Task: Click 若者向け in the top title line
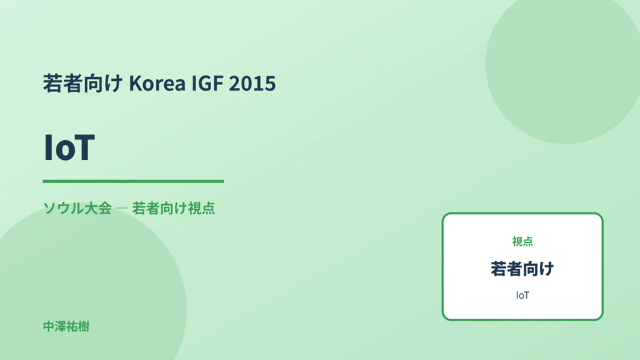coord(83,83)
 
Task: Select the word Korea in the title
coord(157,83)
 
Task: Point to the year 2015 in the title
coord(252,83)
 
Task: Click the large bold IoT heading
coord(69,148)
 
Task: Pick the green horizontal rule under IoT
coord(133,181)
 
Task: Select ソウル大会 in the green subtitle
coord(77,208)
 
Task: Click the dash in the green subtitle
coord(122,208)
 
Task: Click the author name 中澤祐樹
coord(66,327)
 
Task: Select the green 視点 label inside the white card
coord(522,242)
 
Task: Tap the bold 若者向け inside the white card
coord(522,269)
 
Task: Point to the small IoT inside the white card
coord(522,295)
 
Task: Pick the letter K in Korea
coord(135,84)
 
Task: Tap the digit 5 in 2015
coord(270,84)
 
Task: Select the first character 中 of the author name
coord(48,327)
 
